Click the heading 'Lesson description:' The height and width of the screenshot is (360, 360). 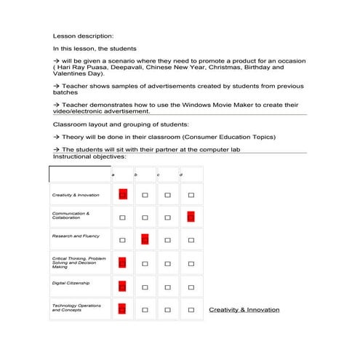point(83,35)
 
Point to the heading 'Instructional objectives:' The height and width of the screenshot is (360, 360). point(89,156)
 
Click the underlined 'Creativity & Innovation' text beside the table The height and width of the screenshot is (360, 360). point(244,310)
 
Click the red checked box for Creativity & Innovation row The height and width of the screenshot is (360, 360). point(122,194)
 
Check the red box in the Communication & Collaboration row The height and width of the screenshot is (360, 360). point(191,216)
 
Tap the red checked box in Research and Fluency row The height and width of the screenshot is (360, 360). point(145,239)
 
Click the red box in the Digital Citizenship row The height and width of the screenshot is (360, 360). point(122,287)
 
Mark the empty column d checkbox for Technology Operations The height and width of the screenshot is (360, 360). point(191,310)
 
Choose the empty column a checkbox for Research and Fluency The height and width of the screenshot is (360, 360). point(122,240)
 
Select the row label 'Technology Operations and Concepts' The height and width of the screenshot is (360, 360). point(76,308)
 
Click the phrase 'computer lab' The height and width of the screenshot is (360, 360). point(221,150)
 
